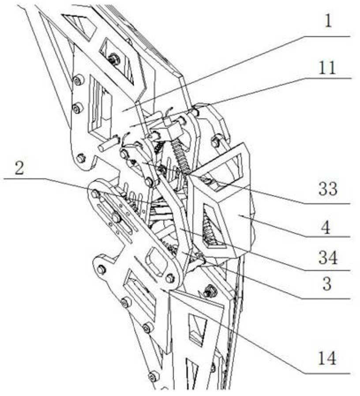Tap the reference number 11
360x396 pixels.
pos(327,68)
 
